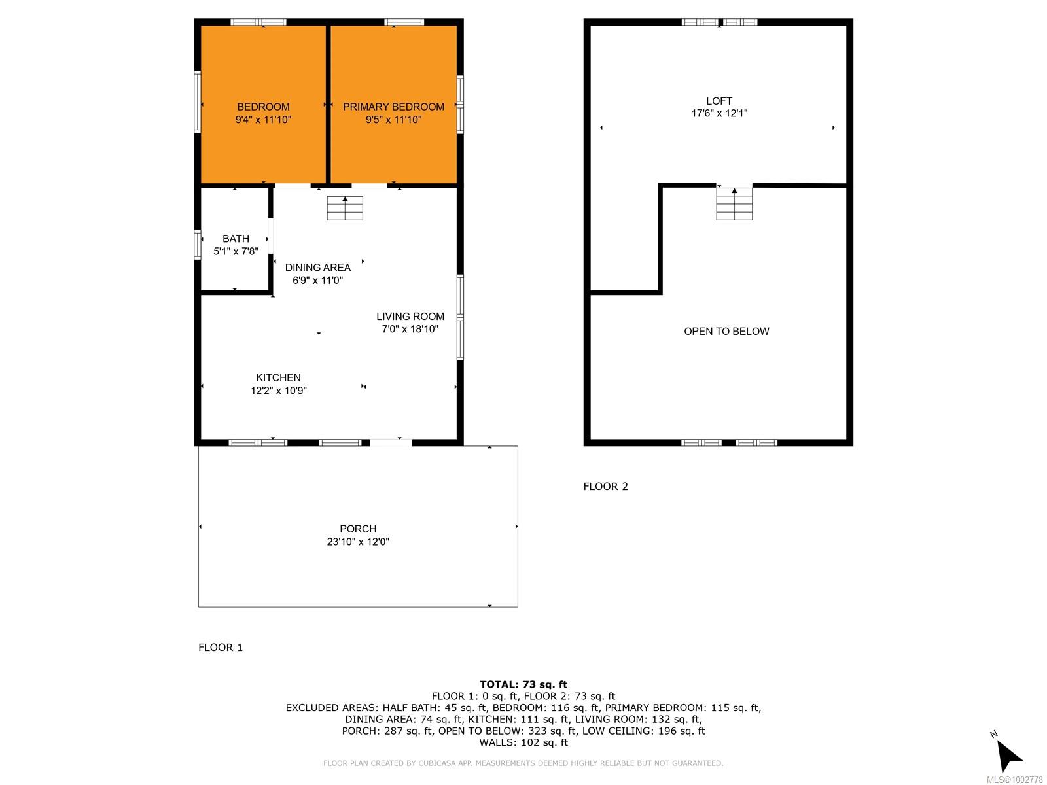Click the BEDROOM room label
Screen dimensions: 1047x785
[263, 107]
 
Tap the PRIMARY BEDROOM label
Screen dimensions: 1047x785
[393, 107]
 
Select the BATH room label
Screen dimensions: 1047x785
[236, 239]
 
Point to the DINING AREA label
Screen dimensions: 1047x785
[317, 268]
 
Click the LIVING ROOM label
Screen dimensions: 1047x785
[410, 317]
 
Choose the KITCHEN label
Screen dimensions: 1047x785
[279, 377]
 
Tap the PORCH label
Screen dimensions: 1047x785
[358, 529]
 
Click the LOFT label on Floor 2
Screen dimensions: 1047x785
[719, 101]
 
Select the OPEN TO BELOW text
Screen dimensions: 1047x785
[726, 331]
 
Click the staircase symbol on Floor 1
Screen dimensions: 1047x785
[345, 208]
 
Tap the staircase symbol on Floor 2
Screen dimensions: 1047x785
[734, 204]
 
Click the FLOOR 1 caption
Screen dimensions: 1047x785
[221, 647]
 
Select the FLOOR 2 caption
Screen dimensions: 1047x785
[605, 486]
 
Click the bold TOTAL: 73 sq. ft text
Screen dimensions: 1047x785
[523, 685]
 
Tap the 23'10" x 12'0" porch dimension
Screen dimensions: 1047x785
[358, 542]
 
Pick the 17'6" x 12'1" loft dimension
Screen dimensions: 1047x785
[719, 113]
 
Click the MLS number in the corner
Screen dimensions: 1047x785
[1014, 780]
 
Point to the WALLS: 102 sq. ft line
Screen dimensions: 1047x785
[523, 742]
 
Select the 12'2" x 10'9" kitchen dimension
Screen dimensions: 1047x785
[279, 391]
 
